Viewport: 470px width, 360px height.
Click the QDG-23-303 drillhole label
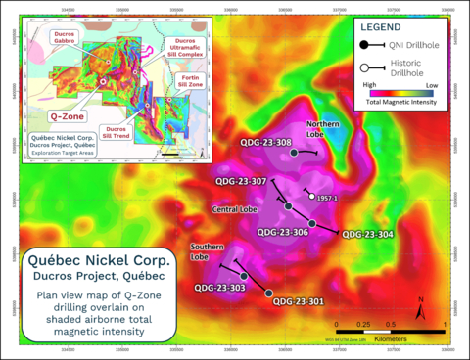[218, 288]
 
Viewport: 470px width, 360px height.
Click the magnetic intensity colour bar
[403, 97]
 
